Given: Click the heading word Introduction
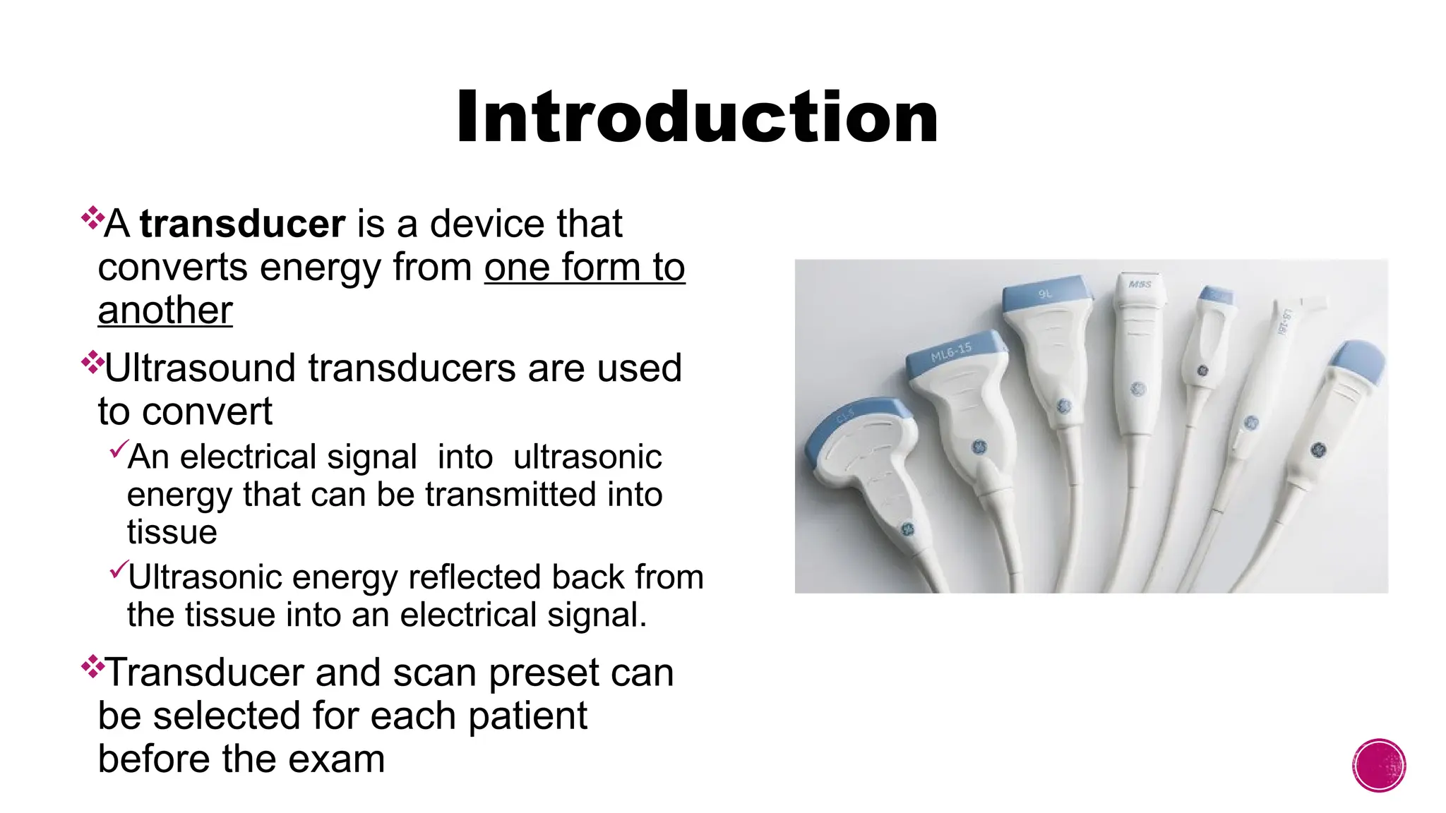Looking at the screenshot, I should coord(697,117).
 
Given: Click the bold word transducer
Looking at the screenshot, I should coord(242,224).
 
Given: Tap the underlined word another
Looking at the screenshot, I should coord(165,311).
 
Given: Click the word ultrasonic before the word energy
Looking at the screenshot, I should coord(587,457).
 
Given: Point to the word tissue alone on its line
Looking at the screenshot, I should coord(172,532).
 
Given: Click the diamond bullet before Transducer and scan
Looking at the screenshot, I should coord(92,666).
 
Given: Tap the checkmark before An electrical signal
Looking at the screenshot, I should coord(118,449).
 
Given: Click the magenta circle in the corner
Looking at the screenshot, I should coord(1379,765).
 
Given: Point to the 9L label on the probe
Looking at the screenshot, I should coord(1045,293).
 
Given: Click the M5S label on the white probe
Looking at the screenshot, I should coord(1139,284).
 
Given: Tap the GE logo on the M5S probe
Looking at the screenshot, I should coord(1137,389).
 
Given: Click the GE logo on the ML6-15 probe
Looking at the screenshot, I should coord(979,446).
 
